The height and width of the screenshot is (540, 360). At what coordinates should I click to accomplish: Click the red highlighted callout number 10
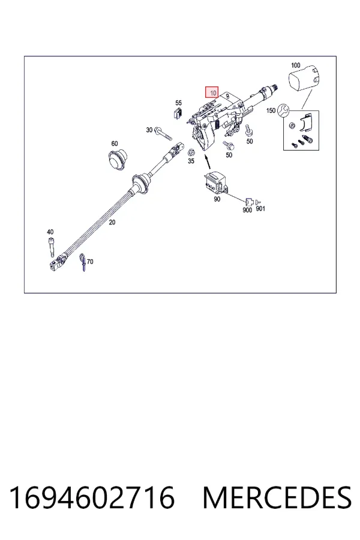(x=212, y=92)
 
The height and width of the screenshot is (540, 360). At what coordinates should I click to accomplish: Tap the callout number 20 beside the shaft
(x=112, y=223)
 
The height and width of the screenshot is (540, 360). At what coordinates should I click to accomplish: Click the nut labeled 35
(x=191, y=152)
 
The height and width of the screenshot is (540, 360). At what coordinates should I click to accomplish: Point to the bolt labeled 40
(x=52, y=247)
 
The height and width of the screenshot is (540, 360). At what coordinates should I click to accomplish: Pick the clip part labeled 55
(x=178, y=113)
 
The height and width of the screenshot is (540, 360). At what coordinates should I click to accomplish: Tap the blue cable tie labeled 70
(x=83, y=262)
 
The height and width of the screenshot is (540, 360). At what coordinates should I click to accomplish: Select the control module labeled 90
(x=216, y=182)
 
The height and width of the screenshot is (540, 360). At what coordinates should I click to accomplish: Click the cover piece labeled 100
(x=303, y=79)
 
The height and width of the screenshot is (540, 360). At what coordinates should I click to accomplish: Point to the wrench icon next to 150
(x=284, y=110)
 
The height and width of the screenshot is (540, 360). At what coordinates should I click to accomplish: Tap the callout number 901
(x=260, y=209)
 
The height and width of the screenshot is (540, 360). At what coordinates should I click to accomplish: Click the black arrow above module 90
(x=208, y=162)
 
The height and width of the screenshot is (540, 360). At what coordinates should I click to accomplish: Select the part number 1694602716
(x=92, y=497)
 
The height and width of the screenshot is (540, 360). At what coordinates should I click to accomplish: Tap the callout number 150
(x=271, y=110)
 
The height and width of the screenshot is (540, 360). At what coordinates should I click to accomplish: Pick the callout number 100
(x=296, y=65)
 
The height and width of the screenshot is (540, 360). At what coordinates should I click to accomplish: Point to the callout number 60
(x=115, y=143)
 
